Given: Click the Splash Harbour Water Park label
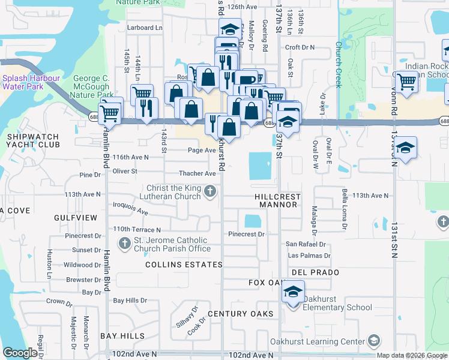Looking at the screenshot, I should pyautogui.click(x=31, y=82).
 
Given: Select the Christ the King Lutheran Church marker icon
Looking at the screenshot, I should pyautogui.click(x=209, y=191).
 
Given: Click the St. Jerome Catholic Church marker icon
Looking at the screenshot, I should pyautogui.click(x=124, y=244).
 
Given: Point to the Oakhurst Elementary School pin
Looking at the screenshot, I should pyautogui.click(x=292, y=294).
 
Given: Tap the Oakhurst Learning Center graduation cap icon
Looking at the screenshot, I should pyautogui.click(x=373, y=342).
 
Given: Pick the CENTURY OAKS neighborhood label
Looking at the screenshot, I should pyautogui.click(x=241, y=314).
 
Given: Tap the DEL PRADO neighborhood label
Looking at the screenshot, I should pyautogui.click(x=316, y=272).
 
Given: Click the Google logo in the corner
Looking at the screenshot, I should pyautogui.click(x=20, y=353).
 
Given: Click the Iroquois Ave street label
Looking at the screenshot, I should pyautogui.click(x=130, y=208).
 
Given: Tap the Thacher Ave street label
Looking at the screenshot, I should pyautogui.click(x=197, y=173).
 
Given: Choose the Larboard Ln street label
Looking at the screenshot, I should pyautogui.click(x=145, y=28).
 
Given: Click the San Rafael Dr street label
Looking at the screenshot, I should pyautogui.click(x=305, y=244).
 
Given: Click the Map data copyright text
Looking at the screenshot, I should pyautogui.click(x=412, y=355).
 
